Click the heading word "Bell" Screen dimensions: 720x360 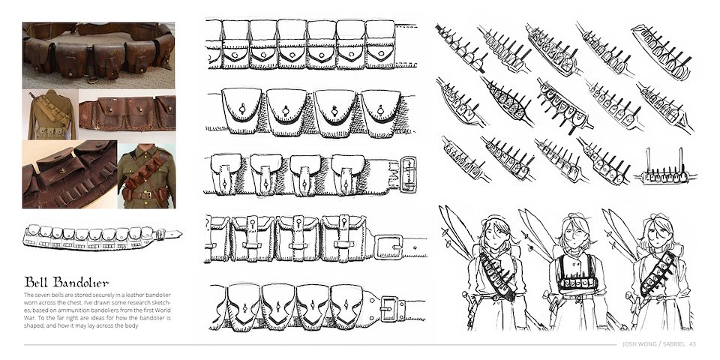pyautogui.click(x=36, y=281)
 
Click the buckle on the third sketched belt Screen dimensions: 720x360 pyautogui.click(x=408, y=175)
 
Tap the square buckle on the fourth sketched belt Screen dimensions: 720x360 pyautogui.click(x=388, y=247)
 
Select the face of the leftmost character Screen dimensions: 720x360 pyautogui.click(x=494, y=236)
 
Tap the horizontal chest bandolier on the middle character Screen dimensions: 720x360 pyautogui.click(x=577, y=283)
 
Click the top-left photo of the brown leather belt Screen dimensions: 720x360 pyautogui.click(x=99, y=55)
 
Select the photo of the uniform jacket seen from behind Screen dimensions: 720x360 pyautogui.click(x=50, y=114)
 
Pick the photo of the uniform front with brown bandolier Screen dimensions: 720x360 pyautogui.click(x=146, y=175)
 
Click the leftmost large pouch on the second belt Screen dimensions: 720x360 pyautogui.click(x=241, y=110)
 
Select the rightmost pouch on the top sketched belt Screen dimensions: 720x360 pyautogui.click(x=380, y=44)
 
